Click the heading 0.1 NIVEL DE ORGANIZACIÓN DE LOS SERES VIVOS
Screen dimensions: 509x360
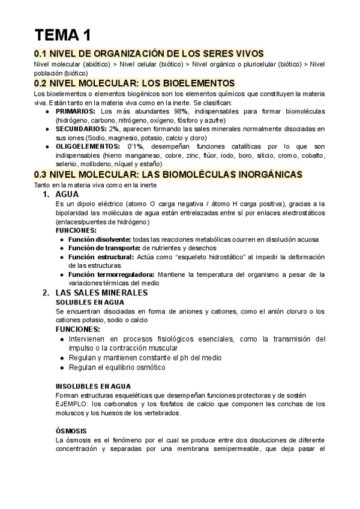pos(149,53)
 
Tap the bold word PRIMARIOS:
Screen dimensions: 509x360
pos(76,112)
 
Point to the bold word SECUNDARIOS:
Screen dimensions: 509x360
pos(81,128)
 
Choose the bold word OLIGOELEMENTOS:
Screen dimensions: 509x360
pos(88,146)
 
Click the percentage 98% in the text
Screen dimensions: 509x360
pos(181,112)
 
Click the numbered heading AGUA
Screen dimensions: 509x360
pos(67,195)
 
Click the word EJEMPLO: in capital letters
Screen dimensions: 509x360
pos(71,404)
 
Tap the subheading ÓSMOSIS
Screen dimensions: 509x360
pos(71,430)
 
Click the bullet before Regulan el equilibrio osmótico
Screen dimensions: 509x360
pos(64,367)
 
